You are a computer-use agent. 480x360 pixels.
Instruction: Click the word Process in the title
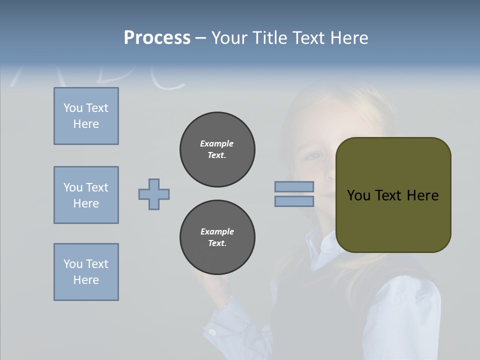click(x=157, y=38)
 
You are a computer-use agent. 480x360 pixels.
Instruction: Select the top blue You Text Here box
click(x=86, y=116)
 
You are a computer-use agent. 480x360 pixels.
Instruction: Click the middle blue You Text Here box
click(x=86, y=195)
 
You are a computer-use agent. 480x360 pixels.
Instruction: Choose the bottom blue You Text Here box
click(x=86, y=272)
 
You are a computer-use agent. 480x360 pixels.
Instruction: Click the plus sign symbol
click(x=154, y=194)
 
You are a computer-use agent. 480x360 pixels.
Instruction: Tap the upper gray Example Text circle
click(x=217, y=149)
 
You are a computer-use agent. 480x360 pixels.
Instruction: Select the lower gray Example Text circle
click(x=217, y=237)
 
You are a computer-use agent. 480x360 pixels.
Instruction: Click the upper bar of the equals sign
click(x=294, y=186)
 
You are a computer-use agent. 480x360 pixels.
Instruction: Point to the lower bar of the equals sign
click(x=294, y=201)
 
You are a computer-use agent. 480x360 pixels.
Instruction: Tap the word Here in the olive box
click(x=422, y=195)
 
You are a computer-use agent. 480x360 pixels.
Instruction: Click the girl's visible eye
click(x=315, y=155)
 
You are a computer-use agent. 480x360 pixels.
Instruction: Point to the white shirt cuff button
click(x=213, y=332)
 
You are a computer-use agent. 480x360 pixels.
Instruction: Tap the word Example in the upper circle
click(x=217, y=143)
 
